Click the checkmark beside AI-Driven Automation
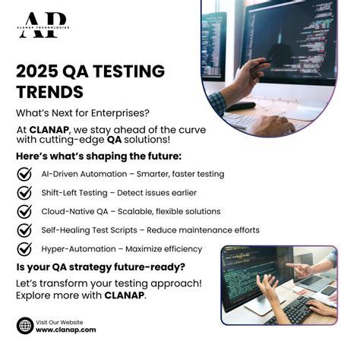click(x=24, y=174)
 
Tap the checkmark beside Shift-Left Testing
click(x=24, y=192)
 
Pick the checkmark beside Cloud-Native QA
click(x=24, y=211)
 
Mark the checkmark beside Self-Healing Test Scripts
click(x=24, y=229)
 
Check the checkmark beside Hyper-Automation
click(x=24, y=248)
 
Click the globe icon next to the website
click(x=24, y=325)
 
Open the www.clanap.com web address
click(x=65, y=330)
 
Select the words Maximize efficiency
click(x=164, y=249)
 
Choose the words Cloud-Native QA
click(x=74, y=211)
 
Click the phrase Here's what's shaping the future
click(x=99, y=156)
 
